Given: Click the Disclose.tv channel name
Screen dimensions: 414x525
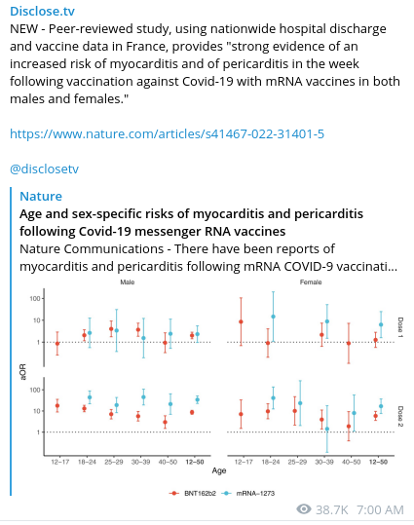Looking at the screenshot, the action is [x=42, y=11].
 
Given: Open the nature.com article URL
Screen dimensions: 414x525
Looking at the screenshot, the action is [x=167, y=134].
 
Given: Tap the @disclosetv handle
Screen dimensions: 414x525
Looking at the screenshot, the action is [x=44, y=169].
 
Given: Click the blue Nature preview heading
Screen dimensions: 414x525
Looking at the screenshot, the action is [x=41, y=196].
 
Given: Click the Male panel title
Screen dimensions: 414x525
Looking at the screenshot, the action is [x=128, y=282].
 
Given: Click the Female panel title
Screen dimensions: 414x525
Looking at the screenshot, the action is [x=311, y=282].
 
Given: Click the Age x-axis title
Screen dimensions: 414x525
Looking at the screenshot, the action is [x=219, y=470].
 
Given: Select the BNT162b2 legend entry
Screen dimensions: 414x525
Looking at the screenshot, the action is [x=193, y=493].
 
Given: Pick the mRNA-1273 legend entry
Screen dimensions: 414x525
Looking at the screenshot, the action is [x=248, y=493].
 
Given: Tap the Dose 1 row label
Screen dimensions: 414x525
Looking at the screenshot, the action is [x=400, y=327].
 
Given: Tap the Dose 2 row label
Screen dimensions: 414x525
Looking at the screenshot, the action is [x=400, y=416].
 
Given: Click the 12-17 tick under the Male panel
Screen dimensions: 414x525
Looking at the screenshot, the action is [x=60, y=462].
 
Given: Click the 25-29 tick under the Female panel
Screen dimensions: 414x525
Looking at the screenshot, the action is [x=297, y=462].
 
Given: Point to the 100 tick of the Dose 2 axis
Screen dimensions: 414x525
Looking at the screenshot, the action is [x=35, y=390].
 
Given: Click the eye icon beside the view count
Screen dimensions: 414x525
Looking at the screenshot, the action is [x=304, y=509].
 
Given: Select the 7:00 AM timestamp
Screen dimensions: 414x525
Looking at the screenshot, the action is [x=380, y=509].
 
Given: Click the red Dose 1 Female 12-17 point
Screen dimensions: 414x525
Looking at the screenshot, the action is [x=241, y=321].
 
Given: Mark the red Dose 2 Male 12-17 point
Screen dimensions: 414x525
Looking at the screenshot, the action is [x=57, y=406].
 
